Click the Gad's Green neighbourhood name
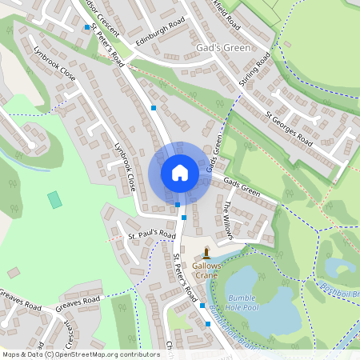(223, 48)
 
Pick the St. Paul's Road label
(152, 235)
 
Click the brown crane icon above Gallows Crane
(206, 251)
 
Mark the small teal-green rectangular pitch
(54, 199)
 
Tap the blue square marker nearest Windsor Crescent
(86, 28)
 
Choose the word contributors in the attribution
(137, 354)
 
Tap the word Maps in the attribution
(11, 354)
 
